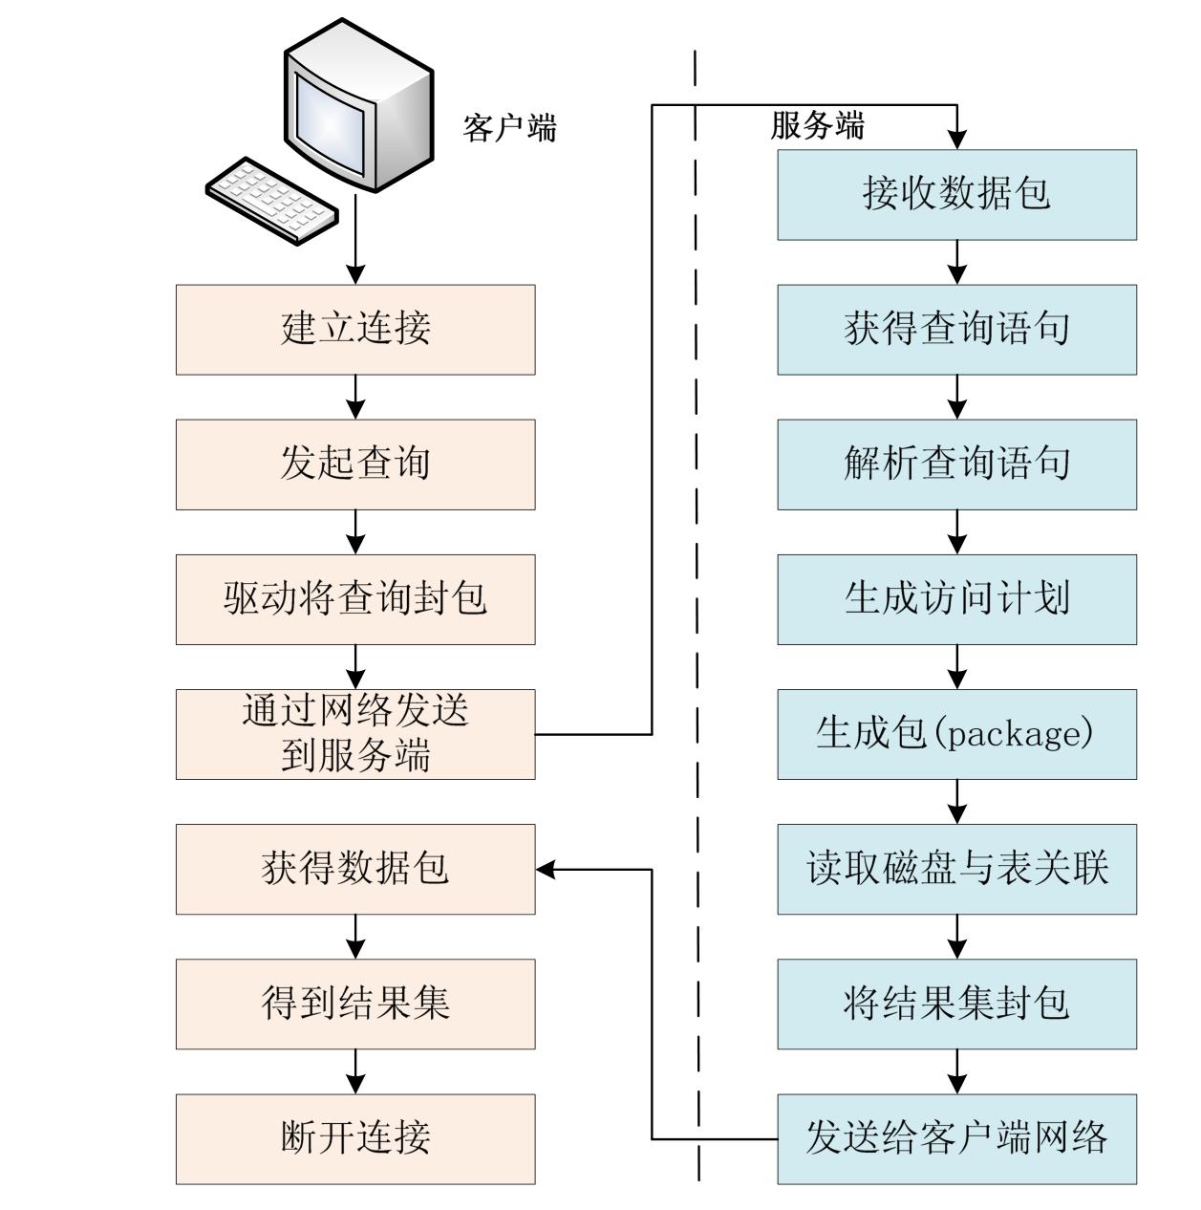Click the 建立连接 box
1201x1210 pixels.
click(x=355, y=330)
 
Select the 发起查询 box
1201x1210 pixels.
click(x=355, y=465)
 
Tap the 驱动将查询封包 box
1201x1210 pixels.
click(x=355, y=599)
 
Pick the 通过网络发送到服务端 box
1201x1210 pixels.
click(x=355, y=734)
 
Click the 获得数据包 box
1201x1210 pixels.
click(x=355, y=869)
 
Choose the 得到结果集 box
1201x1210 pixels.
click(x=355, y=1004)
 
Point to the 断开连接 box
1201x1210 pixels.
click(x=355, y=1138)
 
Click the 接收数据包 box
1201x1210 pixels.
click(x=956, y=194)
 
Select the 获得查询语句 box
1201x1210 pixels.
click(x=956, y=330)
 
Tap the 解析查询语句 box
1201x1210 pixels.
click(x=956, y=465)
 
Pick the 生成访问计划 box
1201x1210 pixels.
click(x=956, y=599)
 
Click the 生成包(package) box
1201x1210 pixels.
click(x=956, y=734)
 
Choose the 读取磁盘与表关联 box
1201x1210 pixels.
click(x=956, y=869)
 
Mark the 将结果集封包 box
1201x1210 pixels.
click(x=956, y=1004)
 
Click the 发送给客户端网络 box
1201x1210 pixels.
click(x=956, y=1138)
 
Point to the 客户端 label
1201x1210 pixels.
click(x=509, y=127)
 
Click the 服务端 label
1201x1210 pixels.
click(x=817, y=125)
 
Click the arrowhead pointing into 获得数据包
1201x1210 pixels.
click(x=546, y=869)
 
